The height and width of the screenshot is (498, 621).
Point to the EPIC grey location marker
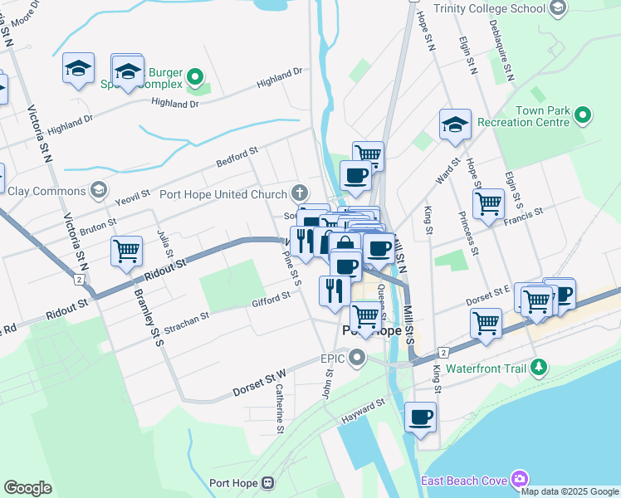point(358,359)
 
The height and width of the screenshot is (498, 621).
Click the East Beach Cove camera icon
point(520,478)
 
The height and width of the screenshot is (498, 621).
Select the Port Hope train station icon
point(267,483)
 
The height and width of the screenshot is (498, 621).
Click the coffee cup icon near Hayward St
point(421,417)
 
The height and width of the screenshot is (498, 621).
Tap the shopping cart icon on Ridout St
point(127,250)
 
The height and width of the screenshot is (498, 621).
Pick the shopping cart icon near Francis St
point(488,203)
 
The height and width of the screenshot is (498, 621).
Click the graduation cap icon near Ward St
point(455,124)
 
